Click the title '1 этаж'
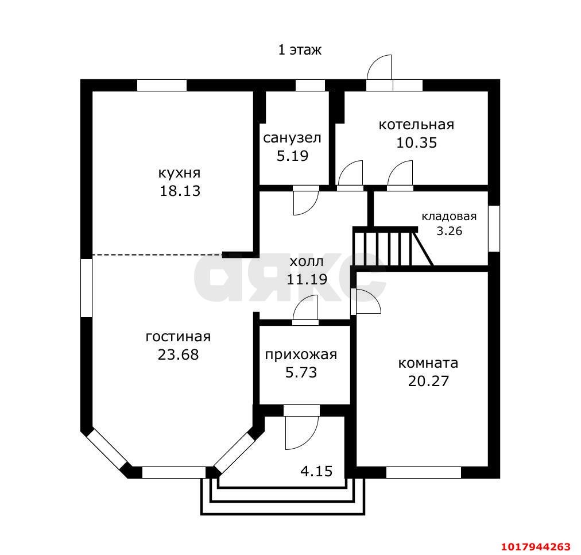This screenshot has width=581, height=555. point(300,49)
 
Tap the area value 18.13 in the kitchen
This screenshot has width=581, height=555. point(180,191)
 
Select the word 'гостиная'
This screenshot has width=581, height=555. point(178,337)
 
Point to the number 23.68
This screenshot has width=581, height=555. point(178,355)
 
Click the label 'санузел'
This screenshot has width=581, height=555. point(292,138)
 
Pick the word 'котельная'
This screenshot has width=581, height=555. point(416,125)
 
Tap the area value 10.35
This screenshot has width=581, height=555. point(417,142)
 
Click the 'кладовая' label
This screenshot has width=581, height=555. point(449,217)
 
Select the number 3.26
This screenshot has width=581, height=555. point(450,231)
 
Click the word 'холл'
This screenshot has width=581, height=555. point(307,261)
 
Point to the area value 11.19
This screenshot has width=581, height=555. point(307,279)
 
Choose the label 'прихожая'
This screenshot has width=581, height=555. point(301,355)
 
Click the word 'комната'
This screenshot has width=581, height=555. point(428,363)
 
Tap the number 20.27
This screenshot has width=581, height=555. point(429,381)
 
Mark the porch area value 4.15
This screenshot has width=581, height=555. point(316,472)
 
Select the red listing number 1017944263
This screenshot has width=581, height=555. point(536,547)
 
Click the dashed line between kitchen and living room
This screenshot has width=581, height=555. point(157,255)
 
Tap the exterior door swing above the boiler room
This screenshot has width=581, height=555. point(379,67)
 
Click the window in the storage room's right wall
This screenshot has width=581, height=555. point(494,228)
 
